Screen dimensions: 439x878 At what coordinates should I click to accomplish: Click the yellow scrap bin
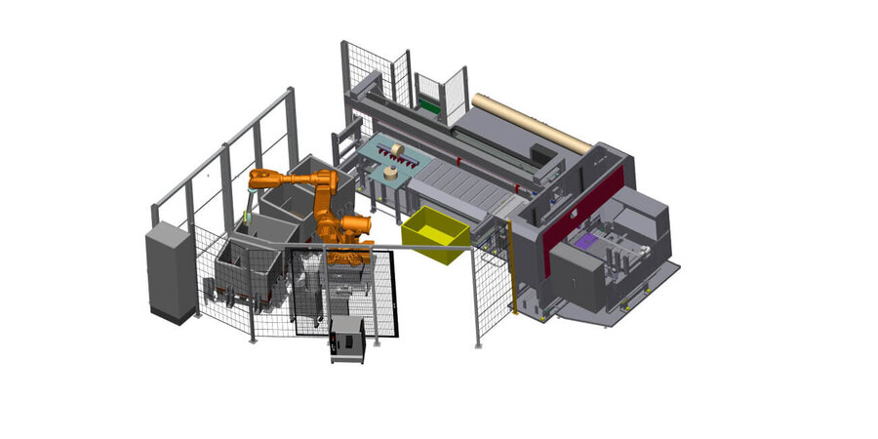click(435, 234)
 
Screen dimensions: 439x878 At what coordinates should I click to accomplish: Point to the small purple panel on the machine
click(587, 241)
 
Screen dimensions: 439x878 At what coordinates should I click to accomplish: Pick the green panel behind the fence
click(429, 102)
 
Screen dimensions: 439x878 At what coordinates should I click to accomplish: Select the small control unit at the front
click(347, 338)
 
